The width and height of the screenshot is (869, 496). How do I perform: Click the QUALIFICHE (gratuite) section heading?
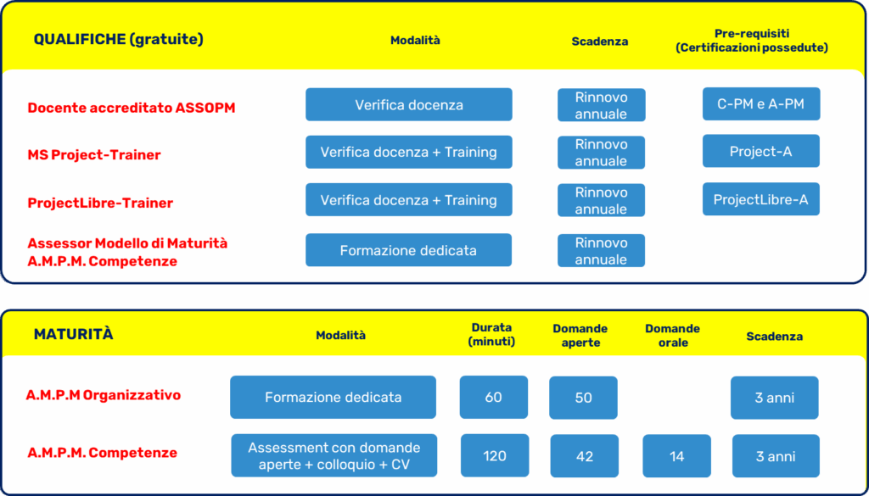click(x=119, y=40)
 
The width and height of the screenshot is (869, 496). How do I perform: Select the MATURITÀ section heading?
click(x=73, y=334)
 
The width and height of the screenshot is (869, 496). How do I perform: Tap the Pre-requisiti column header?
click(x=752, y=41)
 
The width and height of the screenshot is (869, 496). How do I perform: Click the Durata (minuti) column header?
click(x=491, y=334)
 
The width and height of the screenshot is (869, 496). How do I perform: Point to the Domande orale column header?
click(x=672, y=336)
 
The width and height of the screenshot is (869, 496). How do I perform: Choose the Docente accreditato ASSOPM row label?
click(x=132, y=108)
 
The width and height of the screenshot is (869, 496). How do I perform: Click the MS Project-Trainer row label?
click(x=94, y=154)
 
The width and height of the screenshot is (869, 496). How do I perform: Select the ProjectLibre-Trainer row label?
click(x=100, y=203)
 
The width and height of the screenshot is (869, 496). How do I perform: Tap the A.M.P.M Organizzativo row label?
click(x=103, y=395)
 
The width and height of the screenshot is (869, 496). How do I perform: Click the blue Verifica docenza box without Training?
click(x=409, y=104)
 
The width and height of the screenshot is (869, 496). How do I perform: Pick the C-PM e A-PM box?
click(x=761, y=103)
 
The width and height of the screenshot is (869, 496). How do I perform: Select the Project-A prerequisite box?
click(x=761, y=151)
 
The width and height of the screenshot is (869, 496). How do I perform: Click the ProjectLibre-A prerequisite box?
click(x=761, y=199)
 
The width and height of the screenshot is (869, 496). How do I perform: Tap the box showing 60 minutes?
click(x=494, y=398)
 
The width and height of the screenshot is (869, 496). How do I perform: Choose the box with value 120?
click(x=495, y=455)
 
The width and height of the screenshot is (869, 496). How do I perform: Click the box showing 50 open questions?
click(x=583, y=398)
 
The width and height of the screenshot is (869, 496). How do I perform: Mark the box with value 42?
click(x=585, y=456)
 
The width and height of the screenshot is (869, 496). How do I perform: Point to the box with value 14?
click(x=676, y=456)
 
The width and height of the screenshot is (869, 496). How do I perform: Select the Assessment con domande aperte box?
click(x=334, y=455)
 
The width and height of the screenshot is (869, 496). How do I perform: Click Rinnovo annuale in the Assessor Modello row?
click(x=602, y=251)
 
